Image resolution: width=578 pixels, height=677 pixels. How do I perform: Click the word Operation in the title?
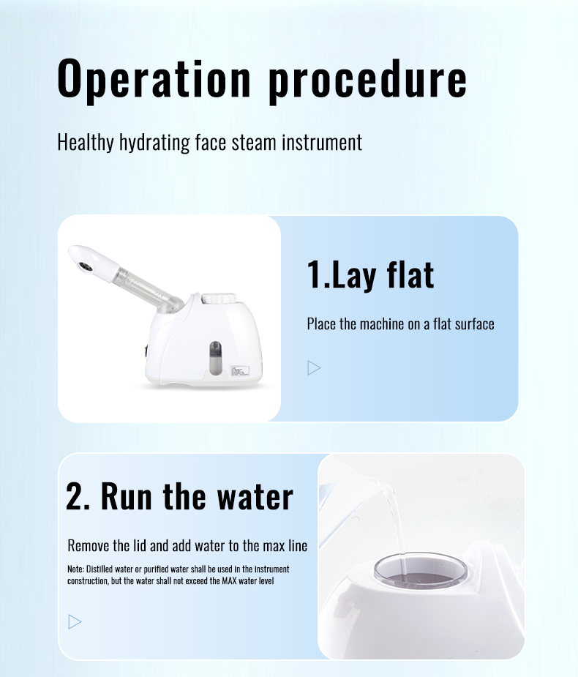tap(154, 80)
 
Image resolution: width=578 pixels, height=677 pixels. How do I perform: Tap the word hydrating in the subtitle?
tap(154, 143)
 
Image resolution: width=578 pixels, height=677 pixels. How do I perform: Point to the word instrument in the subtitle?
tap(322, 143)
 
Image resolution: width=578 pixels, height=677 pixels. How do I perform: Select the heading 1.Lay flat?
tap(370, 275)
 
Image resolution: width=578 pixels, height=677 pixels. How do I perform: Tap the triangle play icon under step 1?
tap(314, 368)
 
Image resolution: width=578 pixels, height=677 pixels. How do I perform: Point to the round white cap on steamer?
tap(219, 299)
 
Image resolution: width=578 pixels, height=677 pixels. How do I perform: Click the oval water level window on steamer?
tap(215, 358)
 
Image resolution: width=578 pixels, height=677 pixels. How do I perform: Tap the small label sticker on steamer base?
tap(240, 370)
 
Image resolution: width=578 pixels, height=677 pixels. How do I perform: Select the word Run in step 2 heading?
tap(126, 496)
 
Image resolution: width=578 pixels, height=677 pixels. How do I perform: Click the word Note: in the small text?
tap(75, 569)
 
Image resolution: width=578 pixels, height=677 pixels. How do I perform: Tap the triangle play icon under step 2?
tap(75, 621)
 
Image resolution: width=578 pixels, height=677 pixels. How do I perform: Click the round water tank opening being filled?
tap(421, 570)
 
